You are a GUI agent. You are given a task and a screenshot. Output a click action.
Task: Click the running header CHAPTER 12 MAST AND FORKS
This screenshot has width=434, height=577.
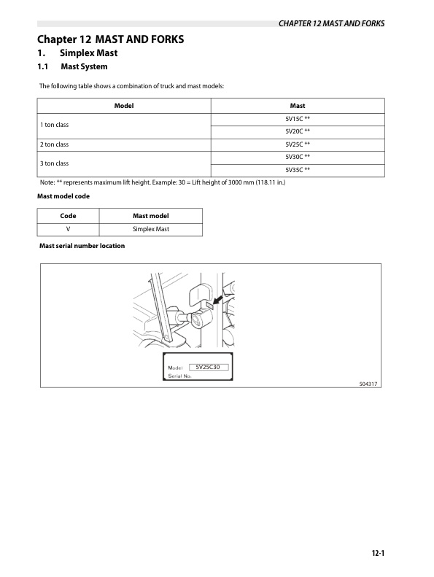click(331, 23)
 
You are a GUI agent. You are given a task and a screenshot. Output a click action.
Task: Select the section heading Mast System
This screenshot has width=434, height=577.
click(84, 67)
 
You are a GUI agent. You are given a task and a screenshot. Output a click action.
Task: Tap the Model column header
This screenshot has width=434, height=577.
click(124, 106)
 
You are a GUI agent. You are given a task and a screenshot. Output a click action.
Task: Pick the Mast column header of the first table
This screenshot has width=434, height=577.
click(298, 106)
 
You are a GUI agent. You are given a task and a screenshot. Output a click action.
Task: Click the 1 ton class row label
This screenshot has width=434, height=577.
click(55, 125)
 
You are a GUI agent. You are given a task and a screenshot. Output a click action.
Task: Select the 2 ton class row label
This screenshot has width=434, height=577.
click(55, 144)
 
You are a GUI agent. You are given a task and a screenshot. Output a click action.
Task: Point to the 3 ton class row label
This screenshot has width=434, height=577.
click(55, 163)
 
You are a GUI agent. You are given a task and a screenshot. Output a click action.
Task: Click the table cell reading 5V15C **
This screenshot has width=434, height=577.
click(298, 118)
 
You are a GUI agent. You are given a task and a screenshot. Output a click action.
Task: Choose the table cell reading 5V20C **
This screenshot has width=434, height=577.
click(298, 131)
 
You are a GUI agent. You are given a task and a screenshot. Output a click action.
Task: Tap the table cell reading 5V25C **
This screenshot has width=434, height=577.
click(298, 144)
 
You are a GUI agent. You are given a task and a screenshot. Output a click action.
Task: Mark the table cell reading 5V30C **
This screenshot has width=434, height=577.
click(298, 157)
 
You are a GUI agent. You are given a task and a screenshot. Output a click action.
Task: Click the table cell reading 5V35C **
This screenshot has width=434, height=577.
click(298, 170)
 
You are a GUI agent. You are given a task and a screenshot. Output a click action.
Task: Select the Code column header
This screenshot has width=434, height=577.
click(68, 216)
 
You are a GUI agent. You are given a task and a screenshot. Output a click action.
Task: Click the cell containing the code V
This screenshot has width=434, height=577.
click(68, 229)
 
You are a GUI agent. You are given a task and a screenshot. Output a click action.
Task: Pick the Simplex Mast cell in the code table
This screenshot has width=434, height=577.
click(151, 229)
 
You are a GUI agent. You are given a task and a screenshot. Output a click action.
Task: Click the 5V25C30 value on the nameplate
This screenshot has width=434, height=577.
click(208, 367)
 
